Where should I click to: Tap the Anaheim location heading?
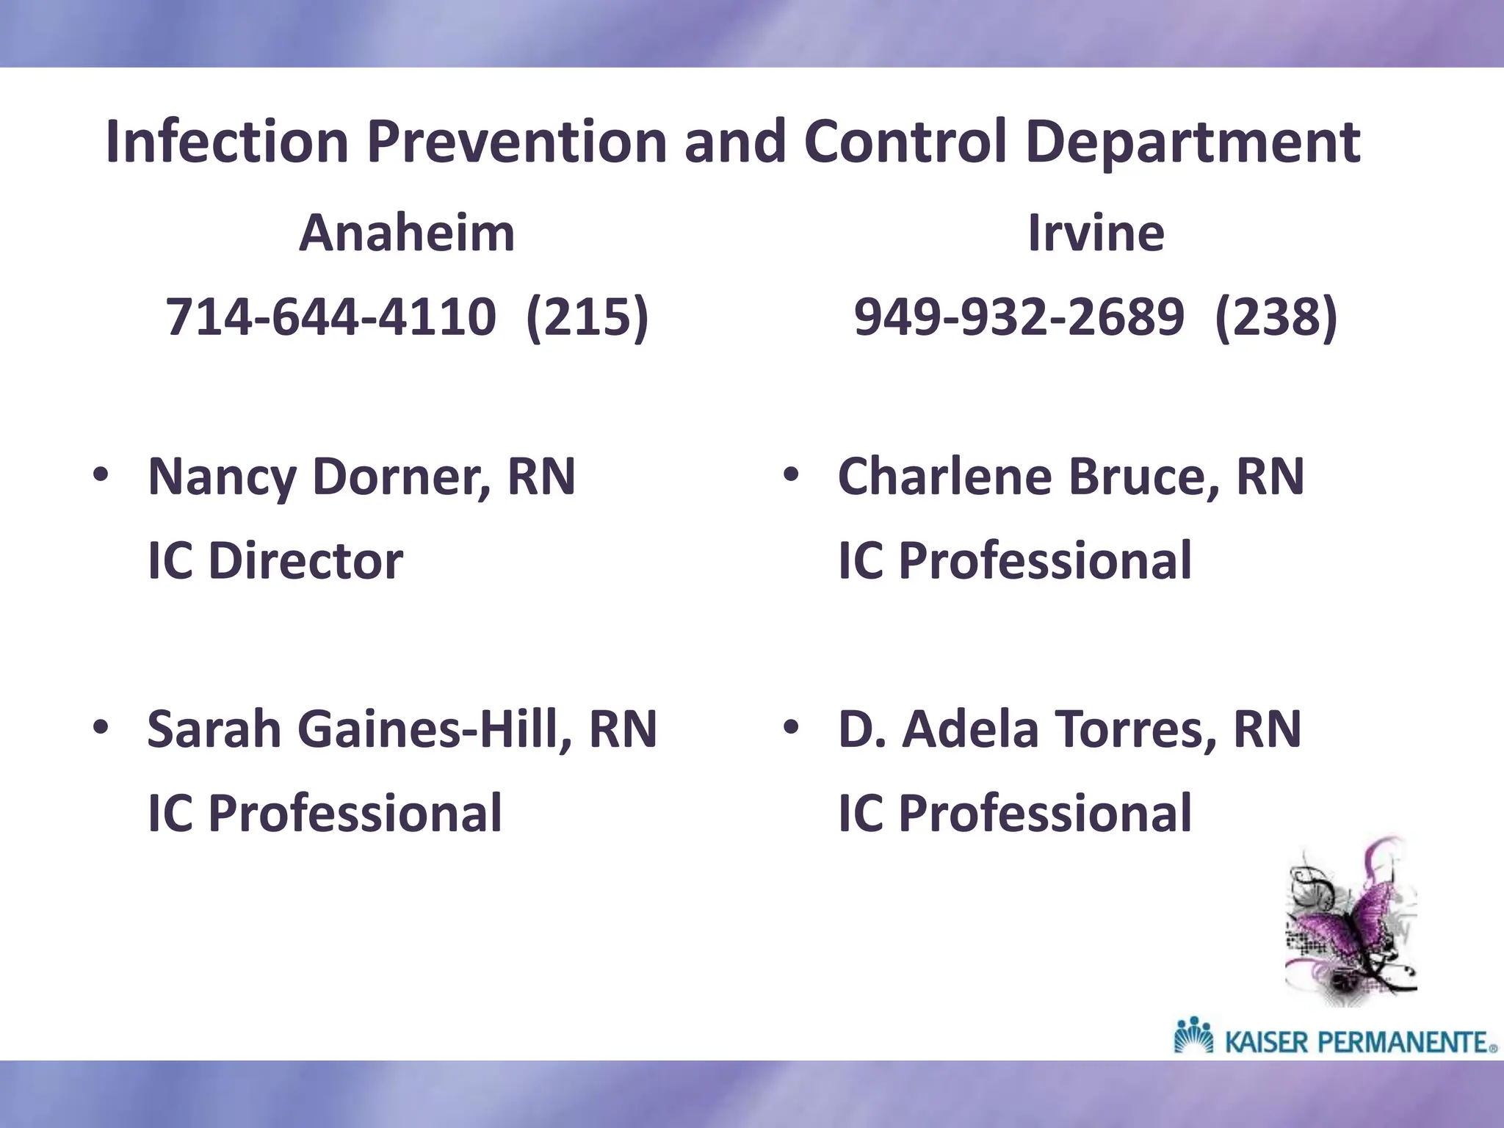[x=406, y=233]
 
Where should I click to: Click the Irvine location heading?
[x=1096, y=233]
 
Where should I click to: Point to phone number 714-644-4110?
[x=330, y=317]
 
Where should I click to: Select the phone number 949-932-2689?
[x=1019, y=317]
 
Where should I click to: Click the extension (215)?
[x=587, y=317]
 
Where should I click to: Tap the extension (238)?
[x=1276, y=317]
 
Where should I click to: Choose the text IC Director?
[x=275, y=561]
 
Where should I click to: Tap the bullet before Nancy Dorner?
[x=101, y=477]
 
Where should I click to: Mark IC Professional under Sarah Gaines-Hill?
[x=325, y=814]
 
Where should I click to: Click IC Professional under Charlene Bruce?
[x=1014, y=561]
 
